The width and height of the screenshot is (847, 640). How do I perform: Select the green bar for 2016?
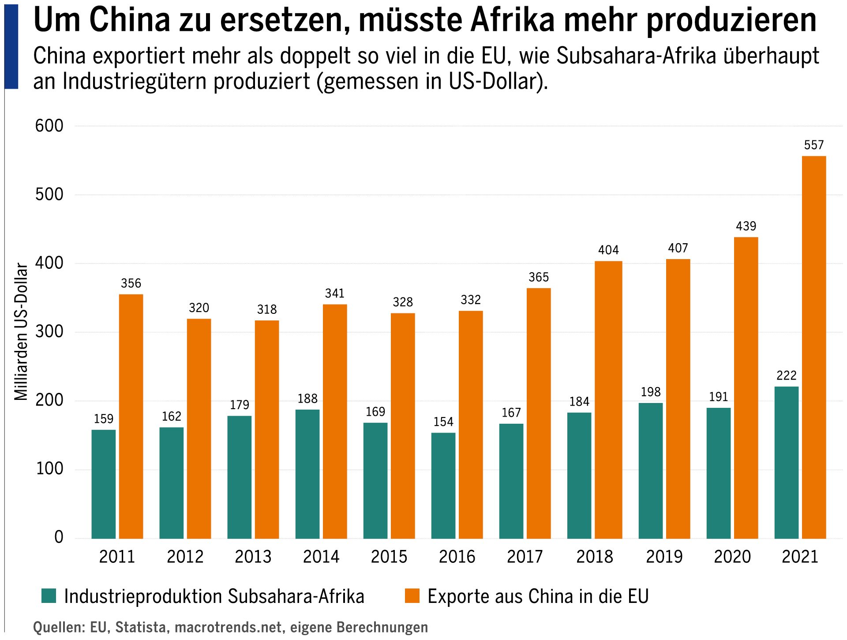pos(443,486)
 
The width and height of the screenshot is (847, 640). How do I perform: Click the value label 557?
pos(813,145)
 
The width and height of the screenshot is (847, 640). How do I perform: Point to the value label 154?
pos(443,422)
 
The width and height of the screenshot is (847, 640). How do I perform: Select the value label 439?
pos(746,226)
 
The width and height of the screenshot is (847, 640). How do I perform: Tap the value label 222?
pos(786,376)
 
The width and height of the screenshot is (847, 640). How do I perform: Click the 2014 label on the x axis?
pos(321,557)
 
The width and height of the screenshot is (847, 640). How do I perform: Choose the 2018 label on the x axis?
pos(594,557)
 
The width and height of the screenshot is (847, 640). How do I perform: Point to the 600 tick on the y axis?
pos(49,126)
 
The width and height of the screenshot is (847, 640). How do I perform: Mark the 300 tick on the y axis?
pos(49,331)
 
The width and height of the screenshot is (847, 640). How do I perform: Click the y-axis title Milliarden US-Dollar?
pos(21,331)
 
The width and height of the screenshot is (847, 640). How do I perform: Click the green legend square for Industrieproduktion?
pos(49,596)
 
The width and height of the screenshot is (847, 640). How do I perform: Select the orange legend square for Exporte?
pos(412,596)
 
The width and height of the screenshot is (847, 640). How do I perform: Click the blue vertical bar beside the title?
pos(11,46)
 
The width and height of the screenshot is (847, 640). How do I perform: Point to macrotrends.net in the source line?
pos(228,627)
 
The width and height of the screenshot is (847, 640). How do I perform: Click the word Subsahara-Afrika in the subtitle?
pos(636,56)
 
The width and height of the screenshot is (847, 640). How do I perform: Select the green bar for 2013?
pos(239,477)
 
